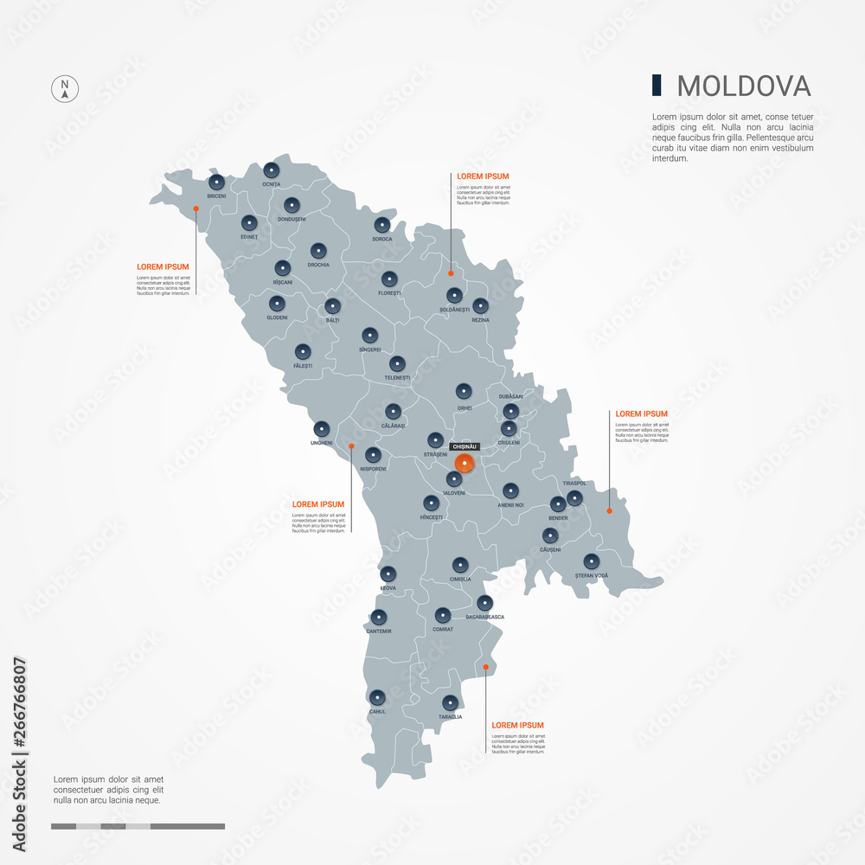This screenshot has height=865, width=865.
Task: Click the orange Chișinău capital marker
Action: pos(465,463)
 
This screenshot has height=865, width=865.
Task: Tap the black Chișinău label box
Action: pos(465,446)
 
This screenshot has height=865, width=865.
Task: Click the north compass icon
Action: pos(65,89)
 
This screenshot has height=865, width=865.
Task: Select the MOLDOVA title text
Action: pos(744,86)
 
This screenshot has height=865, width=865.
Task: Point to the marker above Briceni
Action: pos(216,183)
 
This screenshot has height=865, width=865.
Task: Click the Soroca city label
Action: pos(382,239)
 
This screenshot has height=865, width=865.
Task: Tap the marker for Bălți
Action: pos(332,305)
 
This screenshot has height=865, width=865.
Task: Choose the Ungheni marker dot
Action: pos(322,428)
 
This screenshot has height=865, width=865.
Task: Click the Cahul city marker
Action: pos(377,697)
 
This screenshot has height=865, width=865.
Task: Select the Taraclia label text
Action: pos(450,717)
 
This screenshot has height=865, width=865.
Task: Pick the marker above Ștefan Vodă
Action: pos(591,561)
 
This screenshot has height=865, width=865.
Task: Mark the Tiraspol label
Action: pos(574,484)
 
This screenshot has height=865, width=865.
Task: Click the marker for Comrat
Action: pos(443,615)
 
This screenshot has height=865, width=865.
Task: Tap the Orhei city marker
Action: pos(464,391)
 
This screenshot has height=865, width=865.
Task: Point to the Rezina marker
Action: pos(480,305)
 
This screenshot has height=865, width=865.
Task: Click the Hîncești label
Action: pos(431,517)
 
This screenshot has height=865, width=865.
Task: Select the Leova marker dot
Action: pos(388,573)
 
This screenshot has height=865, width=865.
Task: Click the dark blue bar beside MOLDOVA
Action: pos(657,86)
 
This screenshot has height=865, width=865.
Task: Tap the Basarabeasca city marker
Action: pos(484,603)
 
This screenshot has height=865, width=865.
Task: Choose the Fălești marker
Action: pos(303,351)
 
